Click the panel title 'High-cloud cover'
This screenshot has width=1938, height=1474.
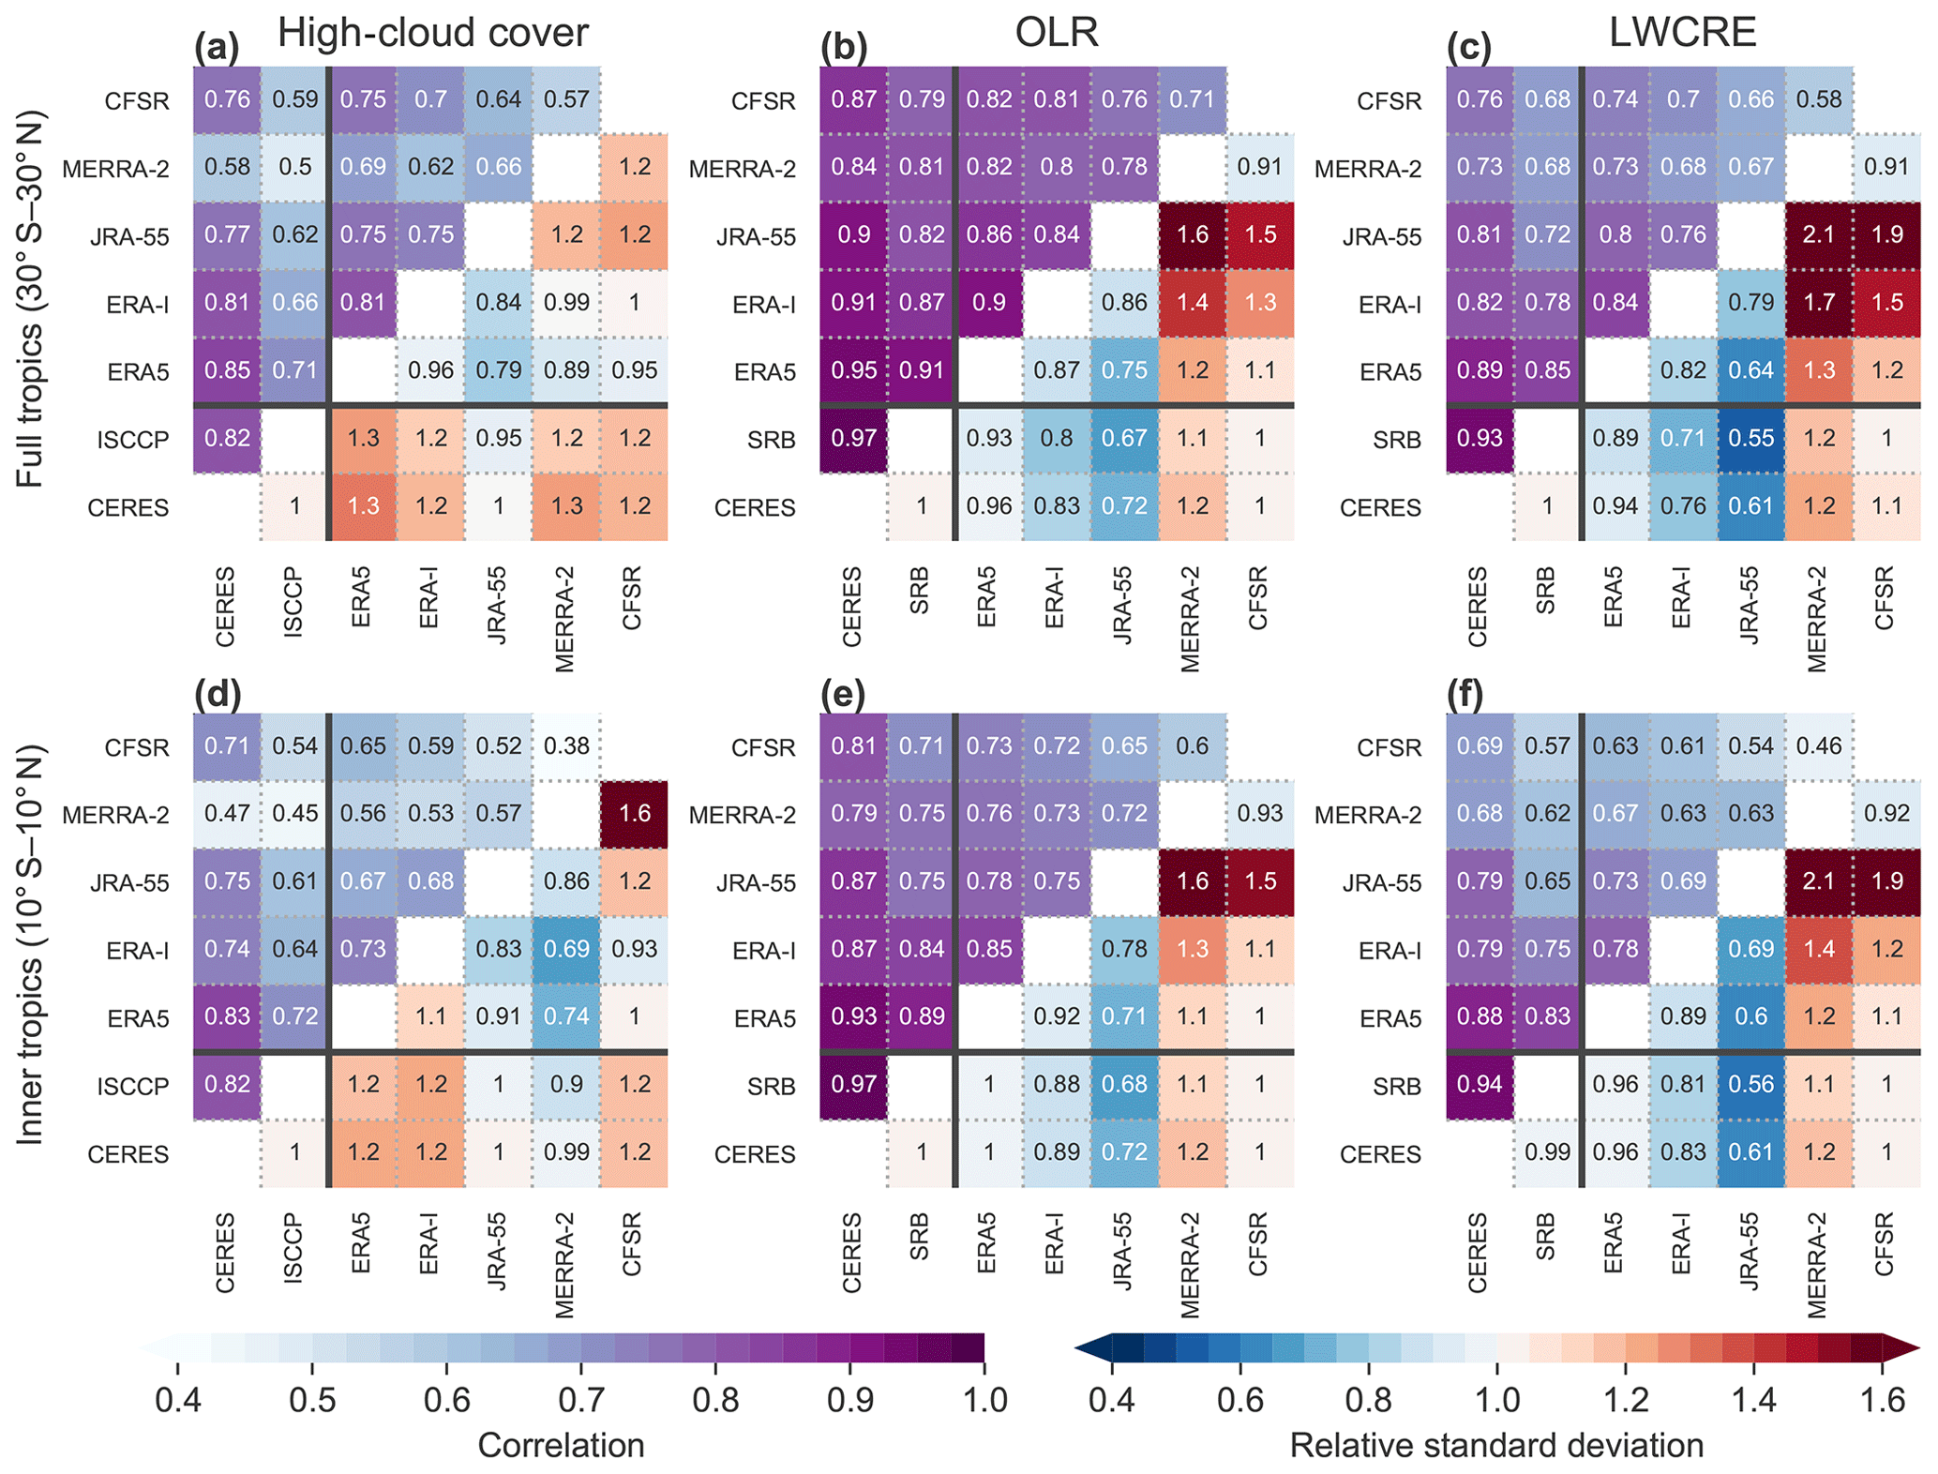coord(432,34)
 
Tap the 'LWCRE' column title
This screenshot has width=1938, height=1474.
coord(1682,34)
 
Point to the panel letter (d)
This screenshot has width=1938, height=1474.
coord(218,695)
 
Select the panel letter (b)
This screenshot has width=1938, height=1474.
coord(844,48)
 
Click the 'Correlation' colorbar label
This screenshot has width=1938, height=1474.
coord(561,1445)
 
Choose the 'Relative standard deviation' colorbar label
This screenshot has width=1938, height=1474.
coord(1496,1445)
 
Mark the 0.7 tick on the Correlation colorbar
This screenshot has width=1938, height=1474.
coord(581,1400)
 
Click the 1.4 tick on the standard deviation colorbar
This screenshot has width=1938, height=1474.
coord(1753,1400)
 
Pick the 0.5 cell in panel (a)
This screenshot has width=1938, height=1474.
coord(295,167)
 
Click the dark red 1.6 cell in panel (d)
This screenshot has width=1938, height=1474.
coord(635,814)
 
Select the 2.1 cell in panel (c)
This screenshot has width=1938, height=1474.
coord(1819,234)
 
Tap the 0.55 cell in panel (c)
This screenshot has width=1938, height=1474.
coord(1751,438)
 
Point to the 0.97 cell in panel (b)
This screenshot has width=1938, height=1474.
coord(854,438)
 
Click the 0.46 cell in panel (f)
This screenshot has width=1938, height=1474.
coord(1819,746)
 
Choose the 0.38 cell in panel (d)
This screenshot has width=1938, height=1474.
coord(566,746)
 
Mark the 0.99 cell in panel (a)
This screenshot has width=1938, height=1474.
coord(566,303)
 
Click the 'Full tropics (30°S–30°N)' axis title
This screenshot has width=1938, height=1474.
coord(30,300)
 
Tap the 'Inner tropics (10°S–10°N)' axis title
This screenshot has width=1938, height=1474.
coord(30,945)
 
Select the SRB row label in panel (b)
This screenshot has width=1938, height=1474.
coord(772,440)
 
